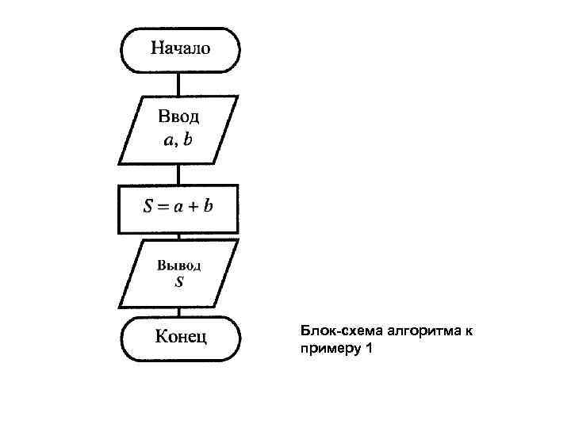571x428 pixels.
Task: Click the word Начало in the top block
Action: (180, 48)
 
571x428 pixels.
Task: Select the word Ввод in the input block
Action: (179, 117)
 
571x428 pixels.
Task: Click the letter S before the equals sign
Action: (148, 208)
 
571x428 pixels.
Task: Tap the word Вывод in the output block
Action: (178, 264)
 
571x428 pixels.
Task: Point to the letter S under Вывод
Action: (178, 281)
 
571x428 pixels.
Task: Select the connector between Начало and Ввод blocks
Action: (179, 83)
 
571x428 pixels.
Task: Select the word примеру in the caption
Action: (327, 348)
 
